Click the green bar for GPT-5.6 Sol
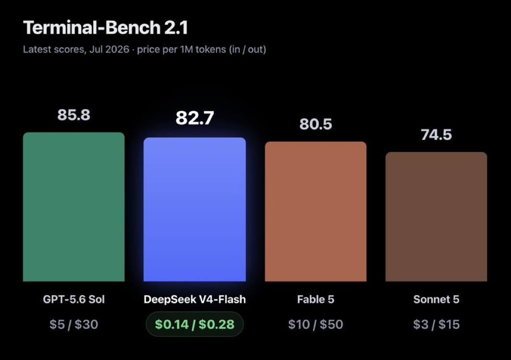coord(73,207)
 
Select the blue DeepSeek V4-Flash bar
coord(195,210)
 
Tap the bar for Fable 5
coord(316,211)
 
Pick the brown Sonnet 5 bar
coord(437,216)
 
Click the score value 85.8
coord(73,115)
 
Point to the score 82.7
coord(195,118)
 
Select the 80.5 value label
coord(316,124)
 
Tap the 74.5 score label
coord(437,135)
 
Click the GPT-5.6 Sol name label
coord(73,299)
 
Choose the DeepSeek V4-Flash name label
coord(195,299)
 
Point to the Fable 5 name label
coord(316,299)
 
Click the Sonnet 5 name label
coord(437,299)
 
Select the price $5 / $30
coord(73,324)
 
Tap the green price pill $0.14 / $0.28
coord(195,324)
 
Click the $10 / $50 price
coord(316,324)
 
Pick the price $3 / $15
coord(437,324)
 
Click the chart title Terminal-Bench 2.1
coord(106,27)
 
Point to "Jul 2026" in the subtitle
coord(109,50)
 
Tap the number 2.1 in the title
coord(176,27)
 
